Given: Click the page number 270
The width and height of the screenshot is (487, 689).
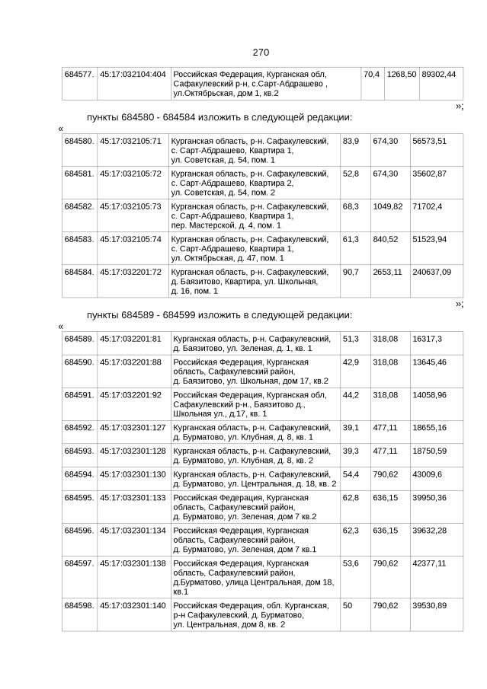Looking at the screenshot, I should [261, 53].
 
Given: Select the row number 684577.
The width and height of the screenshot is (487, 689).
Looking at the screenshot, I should [79, 74].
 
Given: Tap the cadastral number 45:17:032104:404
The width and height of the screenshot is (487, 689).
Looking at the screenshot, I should [133, 74].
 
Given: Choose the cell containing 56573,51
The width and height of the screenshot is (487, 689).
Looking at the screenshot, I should [429, 141].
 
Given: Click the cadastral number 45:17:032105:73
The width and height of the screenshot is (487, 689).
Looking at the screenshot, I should [131, 206].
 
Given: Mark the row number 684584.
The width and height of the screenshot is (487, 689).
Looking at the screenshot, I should [79, 272].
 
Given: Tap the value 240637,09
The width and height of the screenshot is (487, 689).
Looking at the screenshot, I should [431, 272].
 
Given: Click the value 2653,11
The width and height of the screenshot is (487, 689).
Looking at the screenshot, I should [387, 272].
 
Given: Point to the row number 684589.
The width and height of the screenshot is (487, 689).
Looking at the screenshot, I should [79, 338].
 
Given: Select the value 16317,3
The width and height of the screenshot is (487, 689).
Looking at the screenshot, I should [427, 338].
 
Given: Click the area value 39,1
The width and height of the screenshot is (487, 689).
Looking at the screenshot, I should [351, 428].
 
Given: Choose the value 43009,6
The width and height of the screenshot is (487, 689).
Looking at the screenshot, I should [427, 474].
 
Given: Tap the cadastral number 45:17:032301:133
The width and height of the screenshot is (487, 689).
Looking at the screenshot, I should [133, 497].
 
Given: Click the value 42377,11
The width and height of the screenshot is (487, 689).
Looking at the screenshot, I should [429, 563].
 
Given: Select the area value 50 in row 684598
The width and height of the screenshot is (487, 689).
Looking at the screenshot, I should [348, 605].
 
